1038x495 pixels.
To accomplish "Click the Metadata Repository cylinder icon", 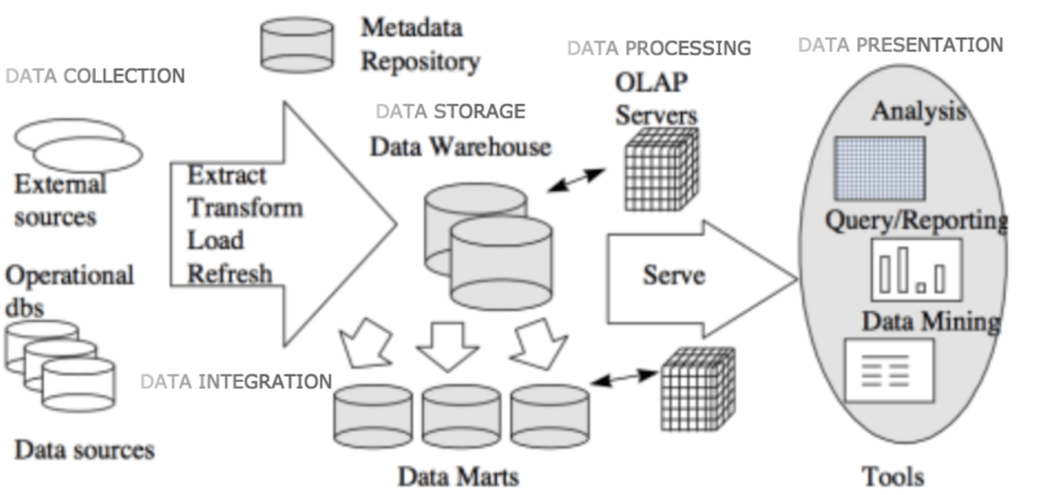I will (x=297, y=45).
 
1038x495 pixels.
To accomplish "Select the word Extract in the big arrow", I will (x=227, y=176).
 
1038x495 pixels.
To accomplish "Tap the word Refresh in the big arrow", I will (x=230, y=274).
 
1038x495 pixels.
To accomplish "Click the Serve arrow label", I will (x=673, y=275).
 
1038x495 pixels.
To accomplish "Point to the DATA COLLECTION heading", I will (x=95, y=76).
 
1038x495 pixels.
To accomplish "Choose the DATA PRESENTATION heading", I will (x=900, y=44).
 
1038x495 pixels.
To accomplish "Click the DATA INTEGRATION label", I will (x=236, y=382).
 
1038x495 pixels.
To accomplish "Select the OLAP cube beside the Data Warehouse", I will (x=662, y=168).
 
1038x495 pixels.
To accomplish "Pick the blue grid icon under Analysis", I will (x=879, y=168).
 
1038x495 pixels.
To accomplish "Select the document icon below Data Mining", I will (x=889, y=370).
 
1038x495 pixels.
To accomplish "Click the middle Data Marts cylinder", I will (x=461, y=416).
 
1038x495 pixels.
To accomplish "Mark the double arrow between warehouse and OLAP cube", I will (x=578, y=180).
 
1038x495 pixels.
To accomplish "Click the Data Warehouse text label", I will (x=460, y=146).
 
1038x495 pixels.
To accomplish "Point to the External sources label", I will (x=60, y=200).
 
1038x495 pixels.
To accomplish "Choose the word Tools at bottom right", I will (x=893, y=476).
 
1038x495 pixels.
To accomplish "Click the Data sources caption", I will (x=85, y=450).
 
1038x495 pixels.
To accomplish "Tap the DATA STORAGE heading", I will (x=450, y=112).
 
